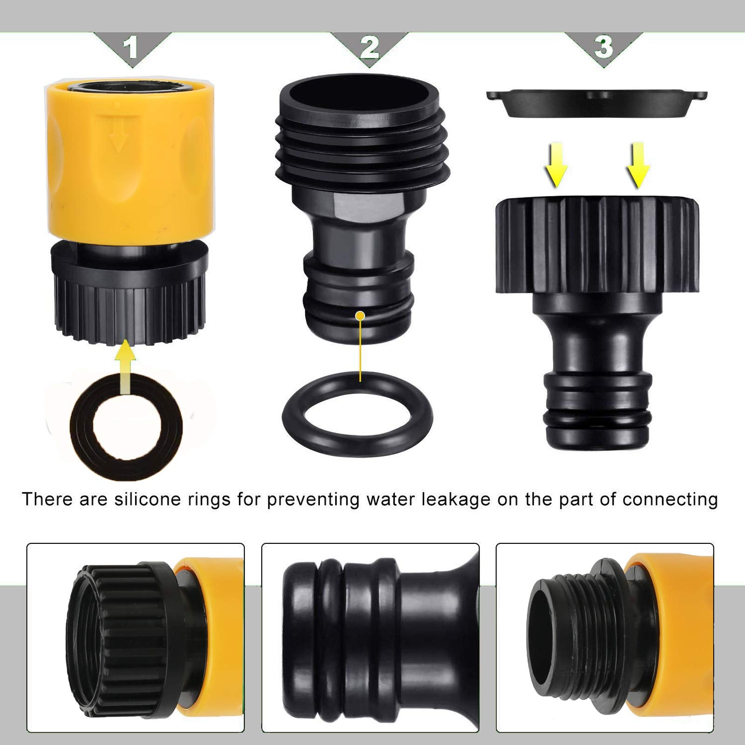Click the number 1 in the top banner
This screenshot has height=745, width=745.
coord(132,47)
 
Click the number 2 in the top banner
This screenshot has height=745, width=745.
coord(369,47)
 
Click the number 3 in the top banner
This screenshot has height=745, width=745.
coord(603,47)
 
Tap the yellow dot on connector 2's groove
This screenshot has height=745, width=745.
coord(359,316)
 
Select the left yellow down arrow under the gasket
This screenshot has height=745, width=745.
coord(556,164)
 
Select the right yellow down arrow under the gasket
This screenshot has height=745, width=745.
coord(638,164)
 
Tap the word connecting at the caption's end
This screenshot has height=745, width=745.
coord(670,500)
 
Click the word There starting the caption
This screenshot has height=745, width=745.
coord(48,500)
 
